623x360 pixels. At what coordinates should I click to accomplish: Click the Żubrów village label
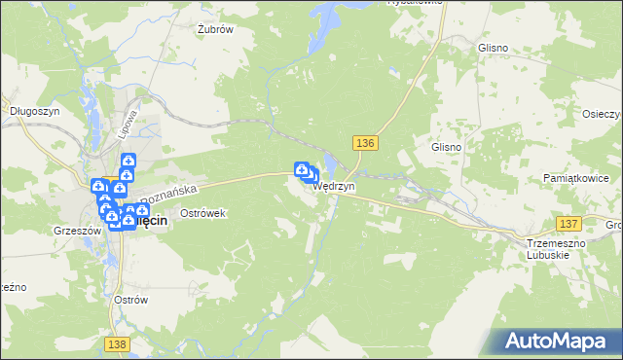click(x=215, y=29)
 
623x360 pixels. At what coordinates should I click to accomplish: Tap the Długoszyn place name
click(x=30, y=111)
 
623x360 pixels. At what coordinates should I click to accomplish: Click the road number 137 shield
click(x=569, y=223)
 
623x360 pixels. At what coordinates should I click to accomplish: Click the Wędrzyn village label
click(x=334, y=186)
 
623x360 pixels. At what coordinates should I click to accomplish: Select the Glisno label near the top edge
click(x=494, y=47)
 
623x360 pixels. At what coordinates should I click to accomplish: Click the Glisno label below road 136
click(x=446, y=146)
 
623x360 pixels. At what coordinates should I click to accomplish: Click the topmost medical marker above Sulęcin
click(x=128, y=162)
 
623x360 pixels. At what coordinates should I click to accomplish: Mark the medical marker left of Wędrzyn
click(x=302, y=169)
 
